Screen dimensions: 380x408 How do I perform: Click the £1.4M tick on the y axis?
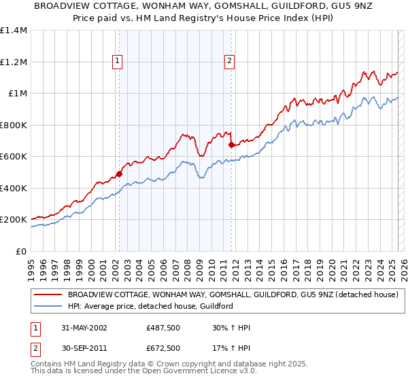click(x=14, y=31)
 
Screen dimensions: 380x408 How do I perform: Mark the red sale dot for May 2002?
click(x=120, y=174)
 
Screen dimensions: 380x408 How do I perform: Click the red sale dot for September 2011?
click(x=231, y=145)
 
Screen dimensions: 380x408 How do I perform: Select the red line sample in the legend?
click(x=48, y=294)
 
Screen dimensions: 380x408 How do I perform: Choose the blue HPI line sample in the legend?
click(x=48, y=306)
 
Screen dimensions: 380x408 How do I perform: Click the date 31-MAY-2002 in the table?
click(x=84, y=328)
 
